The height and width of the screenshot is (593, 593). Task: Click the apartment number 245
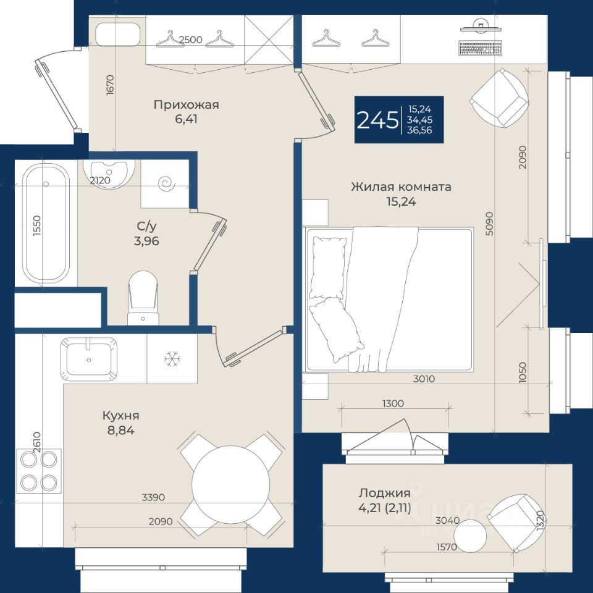377,120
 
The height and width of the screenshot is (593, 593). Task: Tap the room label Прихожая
186,105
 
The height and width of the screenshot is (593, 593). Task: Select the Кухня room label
120,416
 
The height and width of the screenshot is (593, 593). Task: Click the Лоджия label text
385,493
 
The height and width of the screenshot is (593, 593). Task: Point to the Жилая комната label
401,187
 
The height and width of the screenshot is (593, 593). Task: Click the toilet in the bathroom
143,298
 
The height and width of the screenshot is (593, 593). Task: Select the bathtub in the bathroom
46,223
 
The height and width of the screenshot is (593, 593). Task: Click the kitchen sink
89,359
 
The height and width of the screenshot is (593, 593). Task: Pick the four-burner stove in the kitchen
38,471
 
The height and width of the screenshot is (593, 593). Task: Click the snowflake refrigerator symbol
172,358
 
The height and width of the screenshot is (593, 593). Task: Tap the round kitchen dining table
230,484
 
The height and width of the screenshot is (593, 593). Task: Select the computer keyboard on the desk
481,48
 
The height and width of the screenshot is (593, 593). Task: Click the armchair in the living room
499,98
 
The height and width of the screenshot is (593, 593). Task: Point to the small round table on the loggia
470,535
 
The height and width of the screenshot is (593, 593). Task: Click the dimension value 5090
490,224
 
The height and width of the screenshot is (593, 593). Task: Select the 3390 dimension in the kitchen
153,497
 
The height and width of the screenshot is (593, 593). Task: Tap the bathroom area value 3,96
146,241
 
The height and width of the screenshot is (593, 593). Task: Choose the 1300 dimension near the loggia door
393,403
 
